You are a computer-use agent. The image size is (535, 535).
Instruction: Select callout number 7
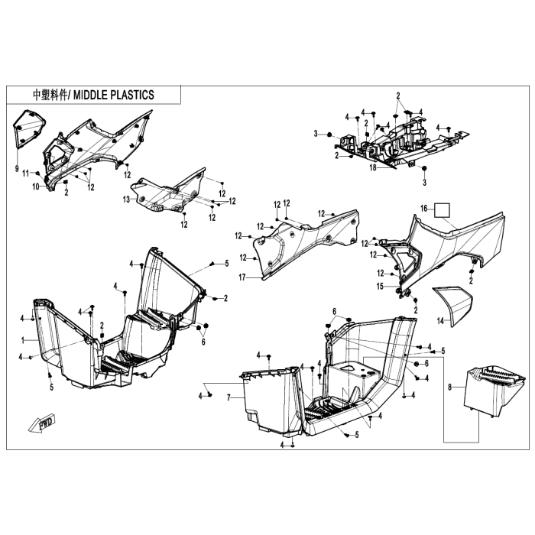pos(229,398)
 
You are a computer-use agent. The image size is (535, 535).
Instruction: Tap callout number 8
pos(449,388)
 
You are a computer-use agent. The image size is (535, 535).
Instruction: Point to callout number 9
pos(16,167)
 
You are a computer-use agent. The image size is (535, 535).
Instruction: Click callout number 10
pos(35,186)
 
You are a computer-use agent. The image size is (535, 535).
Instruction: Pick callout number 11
pos(25,173)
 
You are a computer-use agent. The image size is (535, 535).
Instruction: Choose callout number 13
pos(127,199)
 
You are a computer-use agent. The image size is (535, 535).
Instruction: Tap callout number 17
pos(242,277)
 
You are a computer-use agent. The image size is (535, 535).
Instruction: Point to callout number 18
pos(374,167)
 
